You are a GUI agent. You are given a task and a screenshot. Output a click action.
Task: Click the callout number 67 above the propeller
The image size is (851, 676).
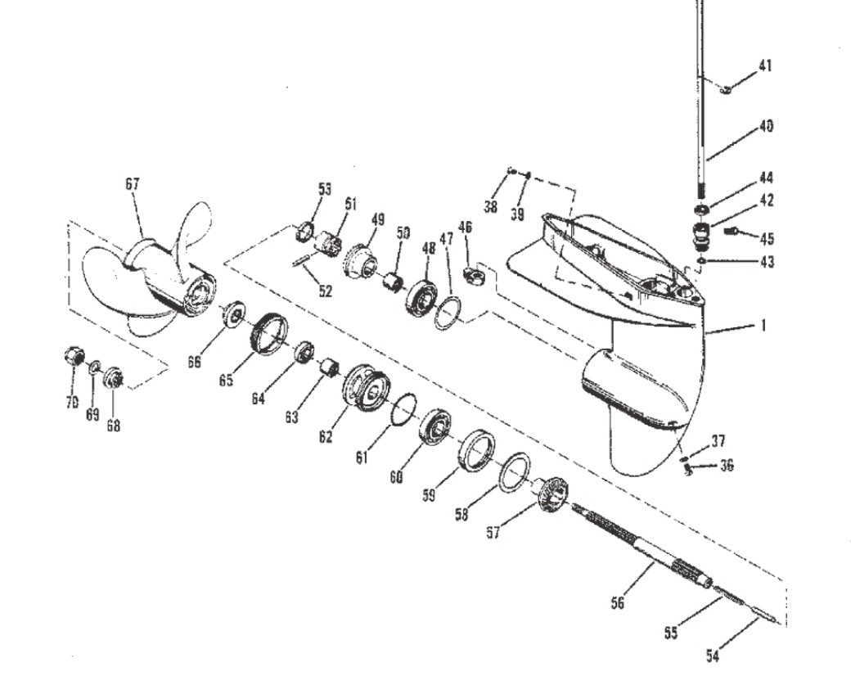click(x=133, y=185)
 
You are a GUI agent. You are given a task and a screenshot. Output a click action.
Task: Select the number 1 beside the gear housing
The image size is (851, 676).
click(x=763, y=326)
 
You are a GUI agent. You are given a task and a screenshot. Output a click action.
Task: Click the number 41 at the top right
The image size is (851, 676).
click(x=764, y=66)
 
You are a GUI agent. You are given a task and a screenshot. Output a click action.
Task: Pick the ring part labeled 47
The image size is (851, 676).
click(x=446, y=313)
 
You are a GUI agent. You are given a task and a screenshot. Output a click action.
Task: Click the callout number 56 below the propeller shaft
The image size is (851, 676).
click(x=619, y=604)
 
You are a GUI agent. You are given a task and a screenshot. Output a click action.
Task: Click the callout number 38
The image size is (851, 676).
click(x=490, y=207)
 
